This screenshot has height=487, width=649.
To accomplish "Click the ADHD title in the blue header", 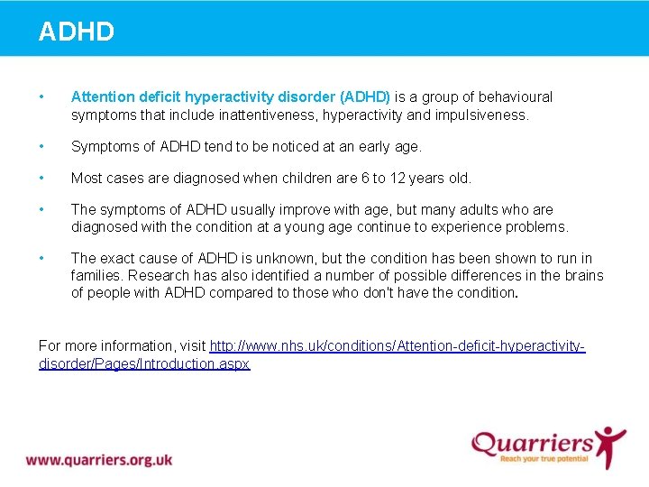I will [77, 32].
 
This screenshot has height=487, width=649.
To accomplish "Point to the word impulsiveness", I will [483, 115].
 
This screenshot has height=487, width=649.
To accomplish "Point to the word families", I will [100, 276].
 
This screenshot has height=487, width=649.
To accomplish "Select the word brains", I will [582, 276].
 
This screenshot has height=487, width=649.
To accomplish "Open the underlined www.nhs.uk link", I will [397, 346].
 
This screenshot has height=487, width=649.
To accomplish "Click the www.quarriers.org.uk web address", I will [99, 459].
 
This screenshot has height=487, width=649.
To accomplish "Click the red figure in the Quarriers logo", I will [612, 445].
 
